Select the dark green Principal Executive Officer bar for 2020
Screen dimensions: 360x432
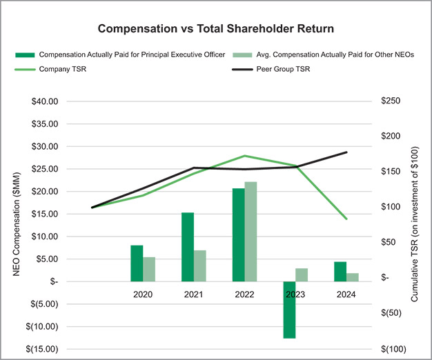tap(137, 263)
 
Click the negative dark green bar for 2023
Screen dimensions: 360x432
tap(289, 310)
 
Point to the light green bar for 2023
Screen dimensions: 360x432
tap(302, 274)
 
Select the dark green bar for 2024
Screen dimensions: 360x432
tap(340, 271)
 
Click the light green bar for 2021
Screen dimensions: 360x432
tap(200, 266)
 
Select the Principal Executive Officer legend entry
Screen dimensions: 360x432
tap(131, 54)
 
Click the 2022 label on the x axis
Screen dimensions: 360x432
tap(244, 294)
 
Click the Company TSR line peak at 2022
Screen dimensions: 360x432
tap(244, 156)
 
